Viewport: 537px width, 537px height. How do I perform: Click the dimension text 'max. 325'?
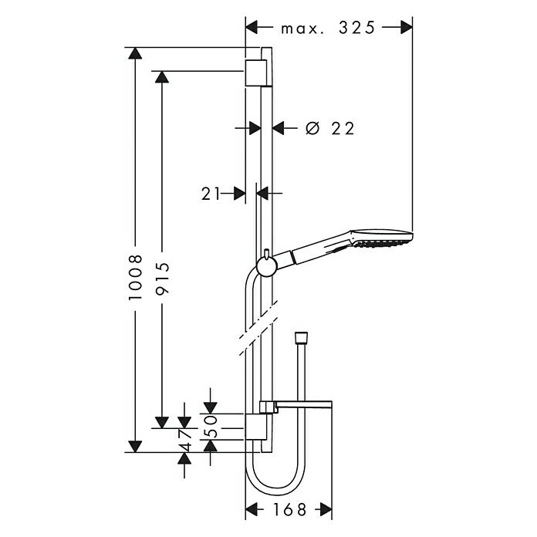[328, 28]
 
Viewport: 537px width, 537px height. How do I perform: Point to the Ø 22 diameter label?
[329, 129]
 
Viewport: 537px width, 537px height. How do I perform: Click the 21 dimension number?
[212, 194]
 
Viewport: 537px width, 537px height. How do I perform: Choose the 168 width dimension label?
[289, 509]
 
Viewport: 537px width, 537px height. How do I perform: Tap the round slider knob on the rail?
[265, 267]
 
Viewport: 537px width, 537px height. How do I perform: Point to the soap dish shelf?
[301, 406]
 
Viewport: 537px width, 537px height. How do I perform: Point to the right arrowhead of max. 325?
[406, 28]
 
